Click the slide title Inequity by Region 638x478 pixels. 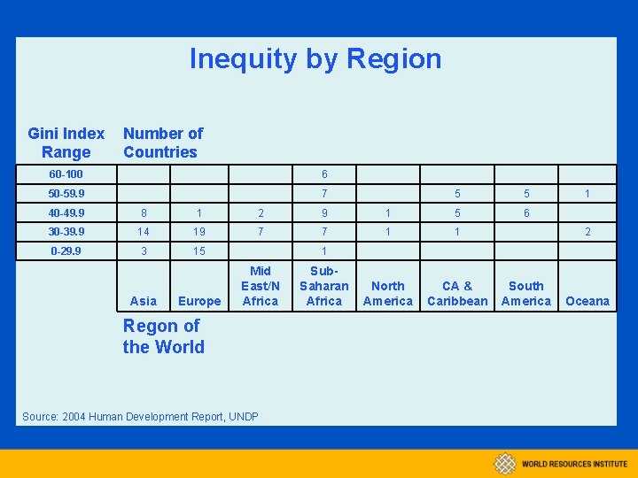pyautogui.click(x=315, y=58)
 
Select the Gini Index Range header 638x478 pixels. pyautogui.click(x=66, y=143)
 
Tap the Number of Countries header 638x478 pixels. pyautogui.click(x=163, y=143)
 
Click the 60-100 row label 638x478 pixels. pyautogui.click(x=66, y=174)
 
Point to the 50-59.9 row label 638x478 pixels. pyautogui.click(x=67, y=193)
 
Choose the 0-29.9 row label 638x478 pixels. pyautogui.click(x=67, y=251)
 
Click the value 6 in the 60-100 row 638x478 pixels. pyautogui.click(x=324, y=174)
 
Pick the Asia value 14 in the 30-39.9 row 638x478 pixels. pyautogui.click(x=143, y=232)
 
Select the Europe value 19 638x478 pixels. pyautogui.click(x=199, y=232)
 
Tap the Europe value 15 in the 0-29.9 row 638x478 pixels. pyautogui.click(x=199, y=251)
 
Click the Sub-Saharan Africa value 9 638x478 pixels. pyautogui.click(x=324, y=212)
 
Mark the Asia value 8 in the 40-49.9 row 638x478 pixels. pyautogui.click(x=144, y=212)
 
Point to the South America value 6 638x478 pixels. pyautogui.click(x=526, y=212)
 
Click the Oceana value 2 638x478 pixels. pyautogui.click(x=587, y=232)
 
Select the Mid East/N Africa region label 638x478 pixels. pyautogui.click(x=261, y=286)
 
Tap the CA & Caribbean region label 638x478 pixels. pyautogui.click(x=457, y=293)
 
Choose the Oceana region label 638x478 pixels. pyautogui.click(x=587, y=301)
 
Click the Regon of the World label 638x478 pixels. pyautogui.click(x=163, y=336)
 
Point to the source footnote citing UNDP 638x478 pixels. pyautogui.click(x=140, y=416)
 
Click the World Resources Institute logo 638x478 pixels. pyautogui.click(x=560, y=463)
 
